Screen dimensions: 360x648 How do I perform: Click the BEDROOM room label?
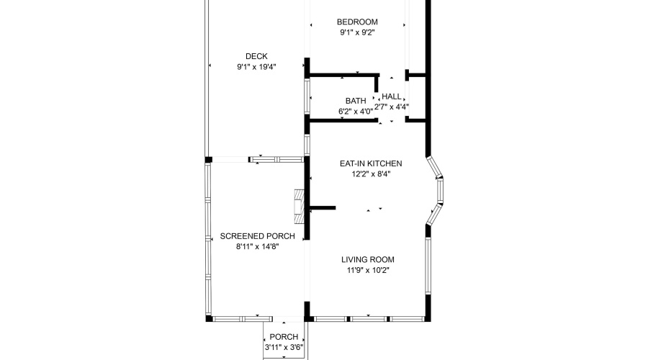(358, 22)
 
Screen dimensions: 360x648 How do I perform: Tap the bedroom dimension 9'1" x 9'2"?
(358, 32)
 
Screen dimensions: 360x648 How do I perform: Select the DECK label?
(256, 56)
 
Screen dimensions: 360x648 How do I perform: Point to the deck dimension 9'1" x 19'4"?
(256, 67)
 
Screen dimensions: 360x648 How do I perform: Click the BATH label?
(356, 101)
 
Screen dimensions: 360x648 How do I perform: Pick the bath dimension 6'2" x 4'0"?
(356, 111)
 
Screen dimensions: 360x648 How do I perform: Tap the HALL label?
(392, 96)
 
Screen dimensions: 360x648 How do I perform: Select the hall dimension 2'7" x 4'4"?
(392, 107)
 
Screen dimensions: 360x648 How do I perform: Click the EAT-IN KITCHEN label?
(371, 163)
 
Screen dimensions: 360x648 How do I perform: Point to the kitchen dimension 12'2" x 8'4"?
(371, 174)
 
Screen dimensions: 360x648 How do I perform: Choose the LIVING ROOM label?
(367, 260)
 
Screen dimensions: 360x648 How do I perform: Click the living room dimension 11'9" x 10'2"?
(367, 271)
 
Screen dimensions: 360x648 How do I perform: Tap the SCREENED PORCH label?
(257, 236)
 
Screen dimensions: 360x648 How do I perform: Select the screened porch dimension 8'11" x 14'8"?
(257, 246)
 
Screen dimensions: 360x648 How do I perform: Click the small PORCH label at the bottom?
(284, 337)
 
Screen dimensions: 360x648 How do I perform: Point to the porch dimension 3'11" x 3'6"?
(284, 347)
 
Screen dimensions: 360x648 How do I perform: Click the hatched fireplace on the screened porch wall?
(299, 204)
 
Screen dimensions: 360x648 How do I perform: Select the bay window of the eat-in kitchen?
(438, 190)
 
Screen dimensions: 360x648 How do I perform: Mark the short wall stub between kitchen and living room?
(322, 208)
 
